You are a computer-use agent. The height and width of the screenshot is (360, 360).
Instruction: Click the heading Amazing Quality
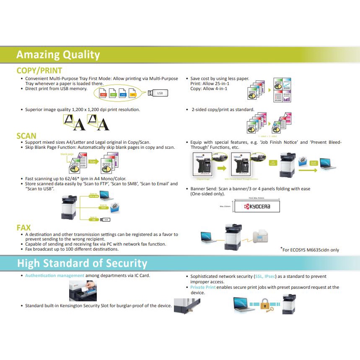click(58, 55)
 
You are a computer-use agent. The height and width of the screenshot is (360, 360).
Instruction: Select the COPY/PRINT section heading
click(39, 71)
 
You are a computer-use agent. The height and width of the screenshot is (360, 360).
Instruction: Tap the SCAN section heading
click(26, 136)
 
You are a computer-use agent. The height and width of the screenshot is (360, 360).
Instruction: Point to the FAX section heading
click(24, 228)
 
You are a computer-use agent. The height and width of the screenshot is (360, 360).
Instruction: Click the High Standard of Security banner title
click(82, 263)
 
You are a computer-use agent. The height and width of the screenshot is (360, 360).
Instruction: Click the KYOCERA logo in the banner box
click(257, 206)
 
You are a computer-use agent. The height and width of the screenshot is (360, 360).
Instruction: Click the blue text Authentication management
click(54, 275)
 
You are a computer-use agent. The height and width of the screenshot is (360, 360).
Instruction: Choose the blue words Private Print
click(203, 287)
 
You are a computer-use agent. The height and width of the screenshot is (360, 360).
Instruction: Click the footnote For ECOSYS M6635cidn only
click(311, 250)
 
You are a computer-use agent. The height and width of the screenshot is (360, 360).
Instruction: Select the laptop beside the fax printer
click(208, 237)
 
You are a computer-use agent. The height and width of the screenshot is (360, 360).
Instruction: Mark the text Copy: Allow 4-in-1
click(209, 89)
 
